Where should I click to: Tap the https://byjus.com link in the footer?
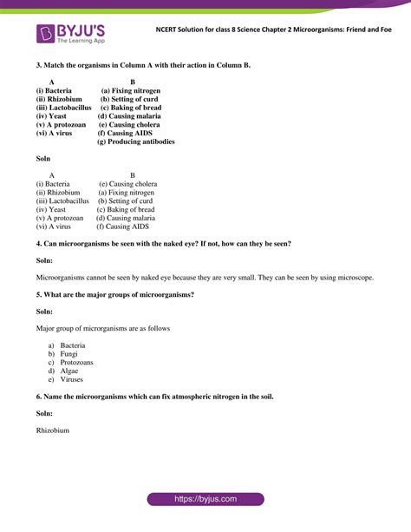click(205, 500)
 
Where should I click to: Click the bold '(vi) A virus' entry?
click(55, 133)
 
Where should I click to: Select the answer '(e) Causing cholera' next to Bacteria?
click(127, 184)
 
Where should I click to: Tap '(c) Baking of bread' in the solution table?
click(126, 209)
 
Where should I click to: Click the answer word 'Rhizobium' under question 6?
click(53, 430)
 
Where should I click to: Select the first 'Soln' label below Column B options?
click(43, 159)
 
